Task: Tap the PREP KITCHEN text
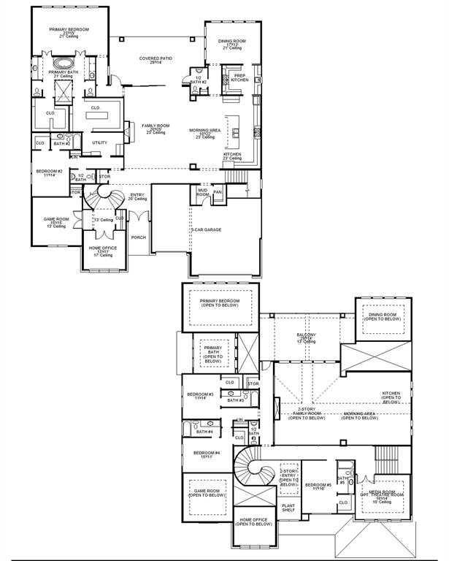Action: pyautogui.click(x=239, y=77)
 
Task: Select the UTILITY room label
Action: pyautogui.click(x=99, y=142)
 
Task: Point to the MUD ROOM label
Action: pyautogui.click(x=202, y=193)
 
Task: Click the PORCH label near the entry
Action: pyautogui.click(x=138, y=237)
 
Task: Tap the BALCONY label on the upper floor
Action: pyautogui.click(x=306, y=337)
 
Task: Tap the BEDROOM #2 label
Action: pyautogui.click(x=49, y=173)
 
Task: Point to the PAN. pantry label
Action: pyautogui.click(x=218, y=192)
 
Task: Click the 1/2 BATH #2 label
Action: pyautogui.click(x=198, y=80)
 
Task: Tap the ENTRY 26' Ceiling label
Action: pyautogui.click(x=137, y=196)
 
